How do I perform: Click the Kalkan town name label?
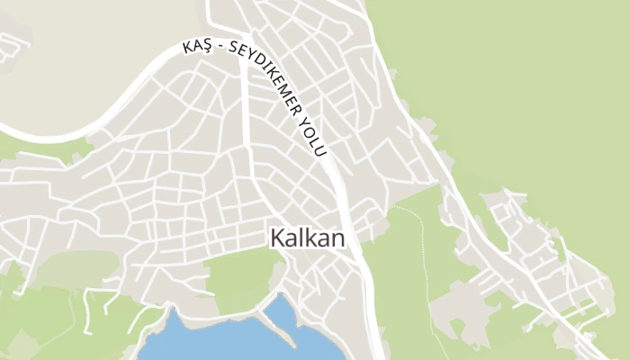307,238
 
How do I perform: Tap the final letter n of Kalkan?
338,239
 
